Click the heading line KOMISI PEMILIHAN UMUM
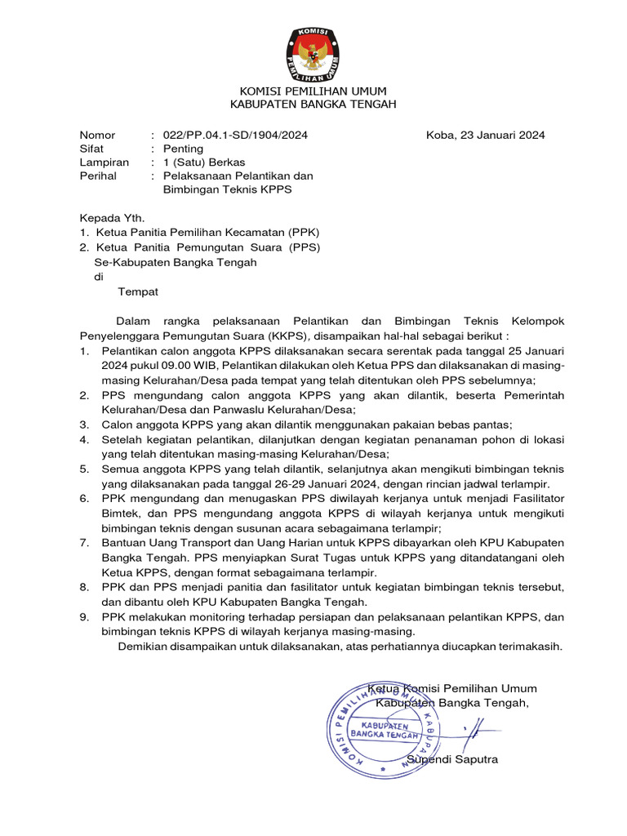point(313,91)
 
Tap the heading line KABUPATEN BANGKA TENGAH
point(313,104)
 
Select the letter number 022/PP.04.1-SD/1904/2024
point(235,135)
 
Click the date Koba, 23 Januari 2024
point(485,135)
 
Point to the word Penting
point(183,149)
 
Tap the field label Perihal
point(97,176)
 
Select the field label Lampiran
point(104,162)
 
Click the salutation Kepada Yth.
point(111,218)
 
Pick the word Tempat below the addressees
point(138,291)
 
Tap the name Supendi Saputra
point(452,759)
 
